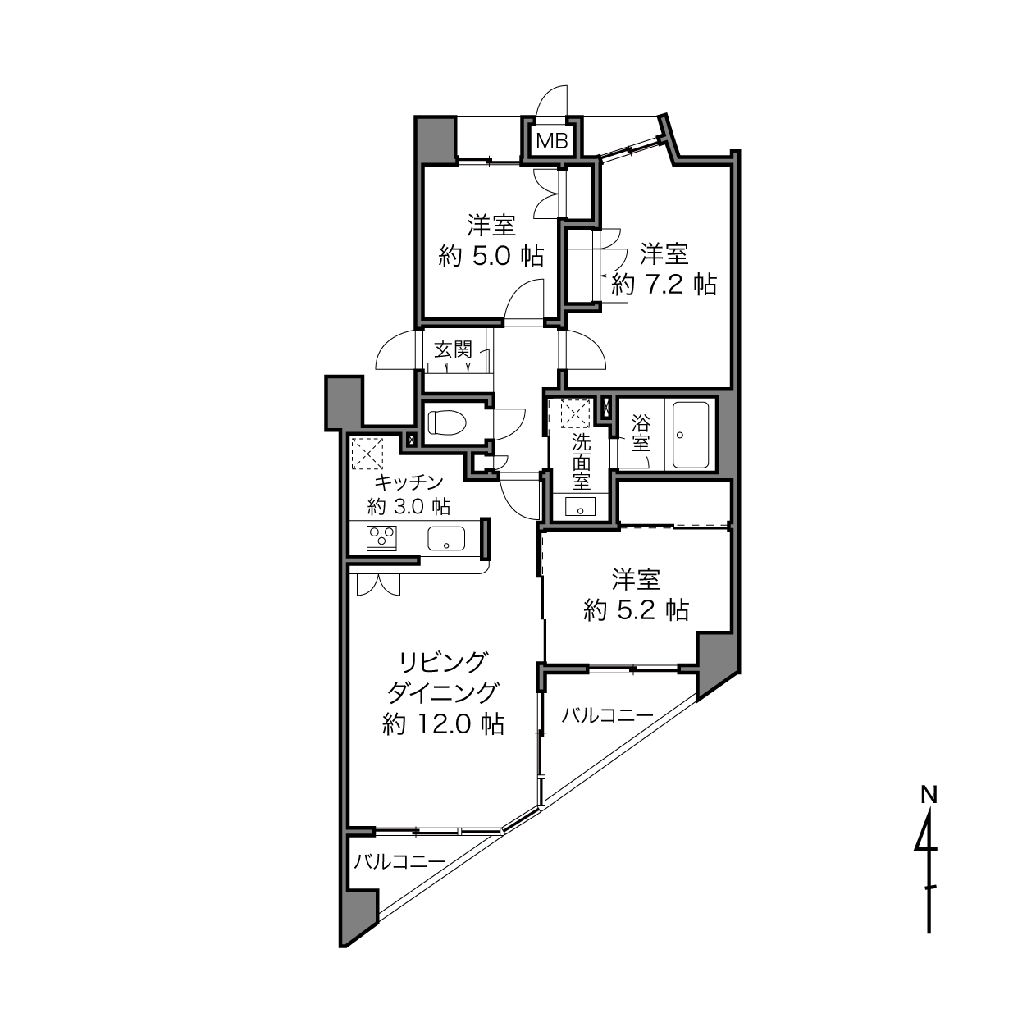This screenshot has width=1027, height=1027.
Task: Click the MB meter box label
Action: (552, 141)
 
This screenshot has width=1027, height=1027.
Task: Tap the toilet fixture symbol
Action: (447, 422)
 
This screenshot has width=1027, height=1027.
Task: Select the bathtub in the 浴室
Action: (691, 435)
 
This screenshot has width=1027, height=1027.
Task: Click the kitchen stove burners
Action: (381, 538)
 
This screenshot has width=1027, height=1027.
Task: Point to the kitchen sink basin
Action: (446, 538)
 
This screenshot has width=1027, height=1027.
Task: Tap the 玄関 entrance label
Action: (453, 349)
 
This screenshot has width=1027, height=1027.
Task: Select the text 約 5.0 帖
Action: (491, 257)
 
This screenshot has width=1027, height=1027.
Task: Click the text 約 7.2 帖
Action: (664, 285)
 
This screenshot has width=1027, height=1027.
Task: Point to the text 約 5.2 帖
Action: (636, 609)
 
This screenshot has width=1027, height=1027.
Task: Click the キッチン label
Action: (409, 482)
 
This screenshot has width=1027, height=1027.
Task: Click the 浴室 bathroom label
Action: (641, 435)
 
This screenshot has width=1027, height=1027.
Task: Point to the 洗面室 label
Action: (582, 462)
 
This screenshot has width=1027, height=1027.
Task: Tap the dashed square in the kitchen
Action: (367, 454)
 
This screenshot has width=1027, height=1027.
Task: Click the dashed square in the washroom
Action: (575, 413)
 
